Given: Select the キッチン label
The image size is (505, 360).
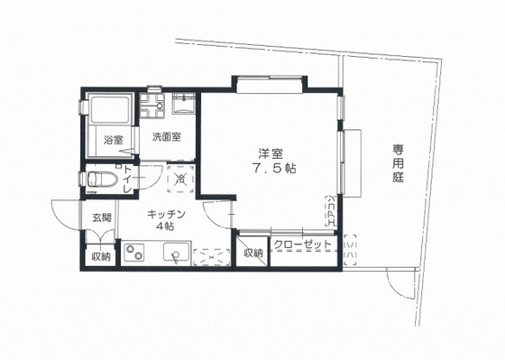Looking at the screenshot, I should point(167,214).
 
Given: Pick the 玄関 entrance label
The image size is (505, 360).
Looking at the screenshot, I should point(101,217).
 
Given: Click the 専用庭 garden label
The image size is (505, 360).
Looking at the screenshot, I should point(398,164).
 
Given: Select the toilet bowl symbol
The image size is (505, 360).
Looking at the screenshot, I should point(99,178).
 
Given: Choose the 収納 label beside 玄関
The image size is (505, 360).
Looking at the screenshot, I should point(100,256).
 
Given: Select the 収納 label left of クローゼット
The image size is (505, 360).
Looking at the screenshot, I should point(253,253).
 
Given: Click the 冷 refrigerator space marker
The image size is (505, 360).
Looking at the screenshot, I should point(180,179).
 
